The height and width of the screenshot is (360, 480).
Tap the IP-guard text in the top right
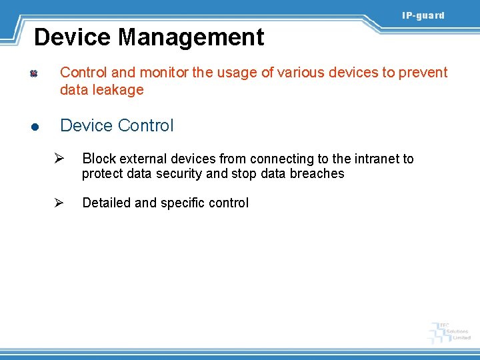tap(423, 15)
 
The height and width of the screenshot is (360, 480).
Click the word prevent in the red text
tap(423, 73)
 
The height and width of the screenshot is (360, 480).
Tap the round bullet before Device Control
tap(33, 127)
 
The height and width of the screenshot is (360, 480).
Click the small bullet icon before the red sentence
tap(33, 73)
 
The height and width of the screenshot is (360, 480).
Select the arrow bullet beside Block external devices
tap(59, 159)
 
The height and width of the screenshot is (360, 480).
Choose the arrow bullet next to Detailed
tap(59, 203)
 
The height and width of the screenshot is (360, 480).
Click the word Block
tap(99, 159)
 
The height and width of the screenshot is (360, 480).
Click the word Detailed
tap(106, 203)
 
